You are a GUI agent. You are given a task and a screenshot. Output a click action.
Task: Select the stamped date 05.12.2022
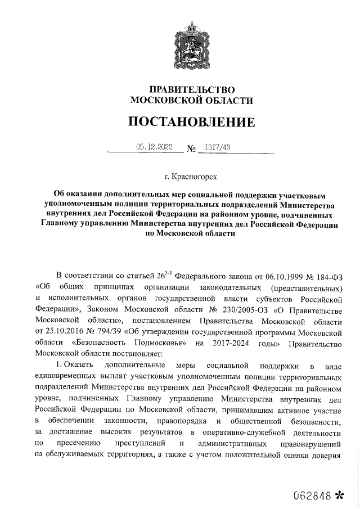click(154, 147)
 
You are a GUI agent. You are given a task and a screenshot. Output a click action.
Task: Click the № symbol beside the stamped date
click(192, 149)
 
